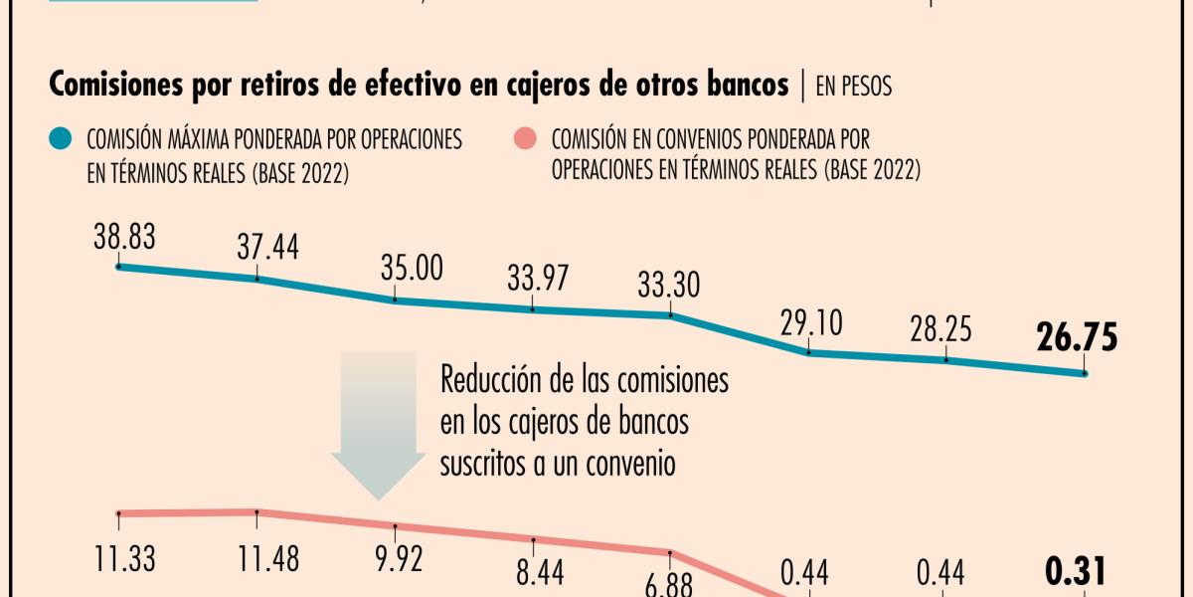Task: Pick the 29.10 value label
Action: point(809,323)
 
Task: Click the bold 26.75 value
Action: point(1077,338)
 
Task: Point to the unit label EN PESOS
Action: point(854,87)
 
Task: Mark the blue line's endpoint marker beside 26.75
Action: point(1085,374)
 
